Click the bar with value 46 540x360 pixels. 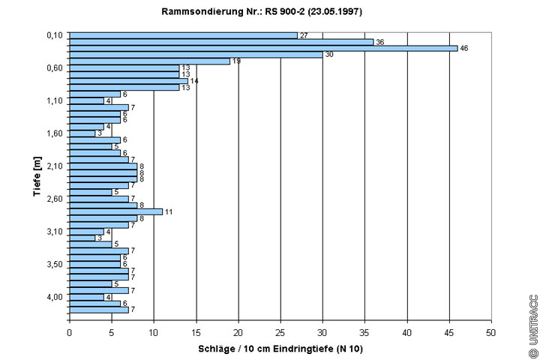coord(262,48)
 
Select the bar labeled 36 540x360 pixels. coord(221,42)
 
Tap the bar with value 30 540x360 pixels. coord(196,55)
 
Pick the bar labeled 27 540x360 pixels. coord(183,35)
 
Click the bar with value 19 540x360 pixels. coord(149,61)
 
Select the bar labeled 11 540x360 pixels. coord(115,211)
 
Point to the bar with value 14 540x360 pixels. coord(128,81)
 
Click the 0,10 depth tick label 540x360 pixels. coord(53,35)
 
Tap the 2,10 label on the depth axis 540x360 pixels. coord(53,166)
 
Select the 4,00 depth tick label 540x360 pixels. coord(53,297)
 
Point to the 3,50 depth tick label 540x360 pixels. coord(53,264)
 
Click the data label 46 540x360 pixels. coord(464,48)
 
